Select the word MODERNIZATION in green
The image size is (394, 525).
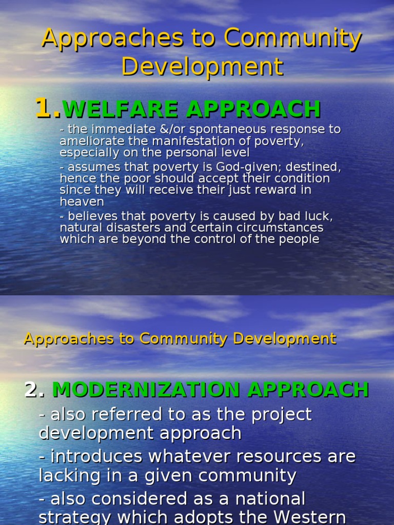[147, 390]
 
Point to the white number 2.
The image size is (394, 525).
[33, 390]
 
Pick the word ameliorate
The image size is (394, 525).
[86, 141]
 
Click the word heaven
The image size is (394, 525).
[82, 201]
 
